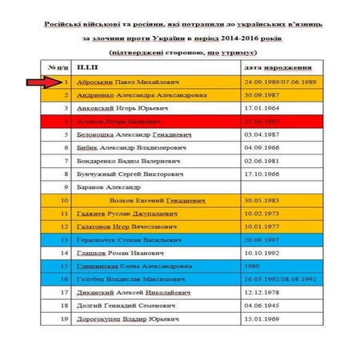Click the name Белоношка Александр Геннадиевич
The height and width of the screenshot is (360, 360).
(x=132, y=135)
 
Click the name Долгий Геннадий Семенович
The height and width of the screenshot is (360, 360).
(x=119, y=305)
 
